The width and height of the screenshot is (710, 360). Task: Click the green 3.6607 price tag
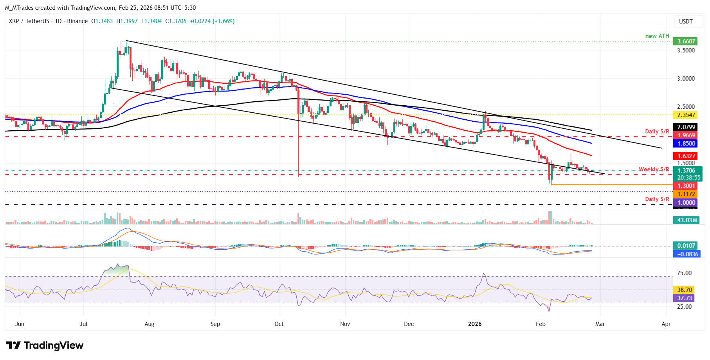pyautogui.click(x=686, y=41)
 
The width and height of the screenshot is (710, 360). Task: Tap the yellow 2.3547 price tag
pyautogui.click(x=686, y=115)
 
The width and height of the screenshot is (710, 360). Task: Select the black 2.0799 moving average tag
pyautogui.click(x=686, y=127)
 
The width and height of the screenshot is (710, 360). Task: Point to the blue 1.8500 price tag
pyautogui.click(x=686, y=144)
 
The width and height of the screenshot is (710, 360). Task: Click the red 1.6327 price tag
pyautogui.click(x=686, y=156)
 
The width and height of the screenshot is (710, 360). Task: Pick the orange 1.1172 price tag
pyautogui.click(x=686, y=194)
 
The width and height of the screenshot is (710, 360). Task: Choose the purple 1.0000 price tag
pyautogui.click(x=686, y=203)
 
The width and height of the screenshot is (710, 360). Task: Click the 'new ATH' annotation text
pyautogui.click(x=657, y=36)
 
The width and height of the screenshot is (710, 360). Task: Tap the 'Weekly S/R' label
pyautogui.click(x=654, y=169)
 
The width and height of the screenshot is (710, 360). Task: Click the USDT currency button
pyautogui.click(x=686, y=22)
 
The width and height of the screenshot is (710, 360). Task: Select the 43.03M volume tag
pyautogui.click(x=687, y=220)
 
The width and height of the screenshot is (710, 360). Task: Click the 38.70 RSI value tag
pyautogui.click(x=685, y=290)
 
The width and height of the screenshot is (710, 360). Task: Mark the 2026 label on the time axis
pyautogui.click(x=475, y=324)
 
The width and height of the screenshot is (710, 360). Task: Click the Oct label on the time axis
pyautogui.click(x=279, y=324)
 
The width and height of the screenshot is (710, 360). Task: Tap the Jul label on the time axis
pyautogui.click(x=83, y=324)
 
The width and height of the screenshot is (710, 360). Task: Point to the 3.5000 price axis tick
pyautogui.click(x=686, y=50)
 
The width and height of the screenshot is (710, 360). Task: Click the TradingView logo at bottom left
pyautogui.click(x=45, y=346)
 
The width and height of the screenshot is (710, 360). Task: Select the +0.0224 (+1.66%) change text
pyautogui.click(x=212, y=21)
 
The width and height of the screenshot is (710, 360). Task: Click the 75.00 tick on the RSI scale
pyautogui.click(x=684, y=273)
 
